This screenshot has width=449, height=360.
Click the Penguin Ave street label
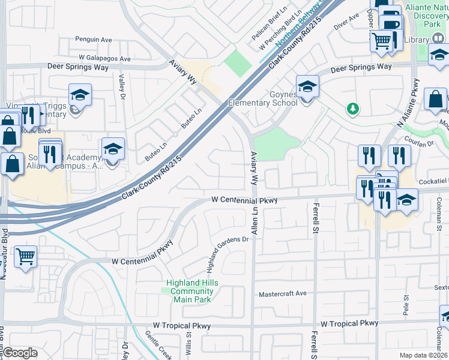93,40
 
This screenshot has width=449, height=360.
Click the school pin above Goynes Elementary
307,87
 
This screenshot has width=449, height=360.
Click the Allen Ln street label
255,220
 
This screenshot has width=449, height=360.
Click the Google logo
20,353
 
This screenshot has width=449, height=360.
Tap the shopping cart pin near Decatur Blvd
26,257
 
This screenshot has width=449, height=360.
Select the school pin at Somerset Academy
113,149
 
